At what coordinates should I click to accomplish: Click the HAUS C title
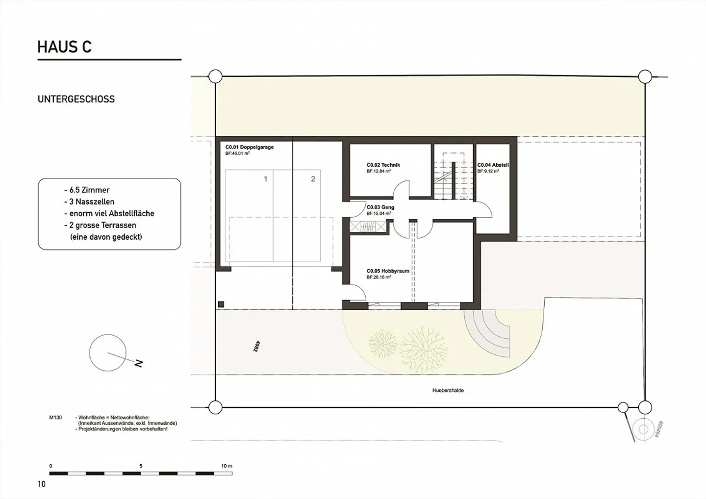click(x=64, y=47)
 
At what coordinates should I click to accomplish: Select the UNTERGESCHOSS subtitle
click(x=76, y=99)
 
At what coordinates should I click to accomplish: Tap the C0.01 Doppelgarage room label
click(x=249, y=147)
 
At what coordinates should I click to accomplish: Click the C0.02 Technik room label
click(x=383, y=165)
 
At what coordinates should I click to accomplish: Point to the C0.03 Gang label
click(x=380, y=207)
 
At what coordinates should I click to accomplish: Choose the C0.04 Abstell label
click(x=493, y=165)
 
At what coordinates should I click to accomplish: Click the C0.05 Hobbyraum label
click(x=387, y=271)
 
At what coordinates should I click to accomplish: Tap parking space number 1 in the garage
click(x=266, y=179)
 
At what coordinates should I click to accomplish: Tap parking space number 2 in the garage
click(x=313, y=179)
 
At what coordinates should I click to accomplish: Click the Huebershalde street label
click(x=448, y=391)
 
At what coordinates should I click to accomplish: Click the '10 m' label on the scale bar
click(x=226, y=466)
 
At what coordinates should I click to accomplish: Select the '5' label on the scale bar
click(x=141, y=466)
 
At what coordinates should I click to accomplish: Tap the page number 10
click(x=41, y=484)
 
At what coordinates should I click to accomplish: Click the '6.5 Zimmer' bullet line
click(x=87, y=190)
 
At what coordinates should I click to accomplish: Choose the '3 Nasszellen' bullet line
click(x=89, y=202)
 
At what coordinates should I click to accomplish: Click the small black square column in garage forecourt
click(x=221, y=304)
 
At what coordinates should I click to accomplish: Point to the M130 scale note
click(x=55, y=418)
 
